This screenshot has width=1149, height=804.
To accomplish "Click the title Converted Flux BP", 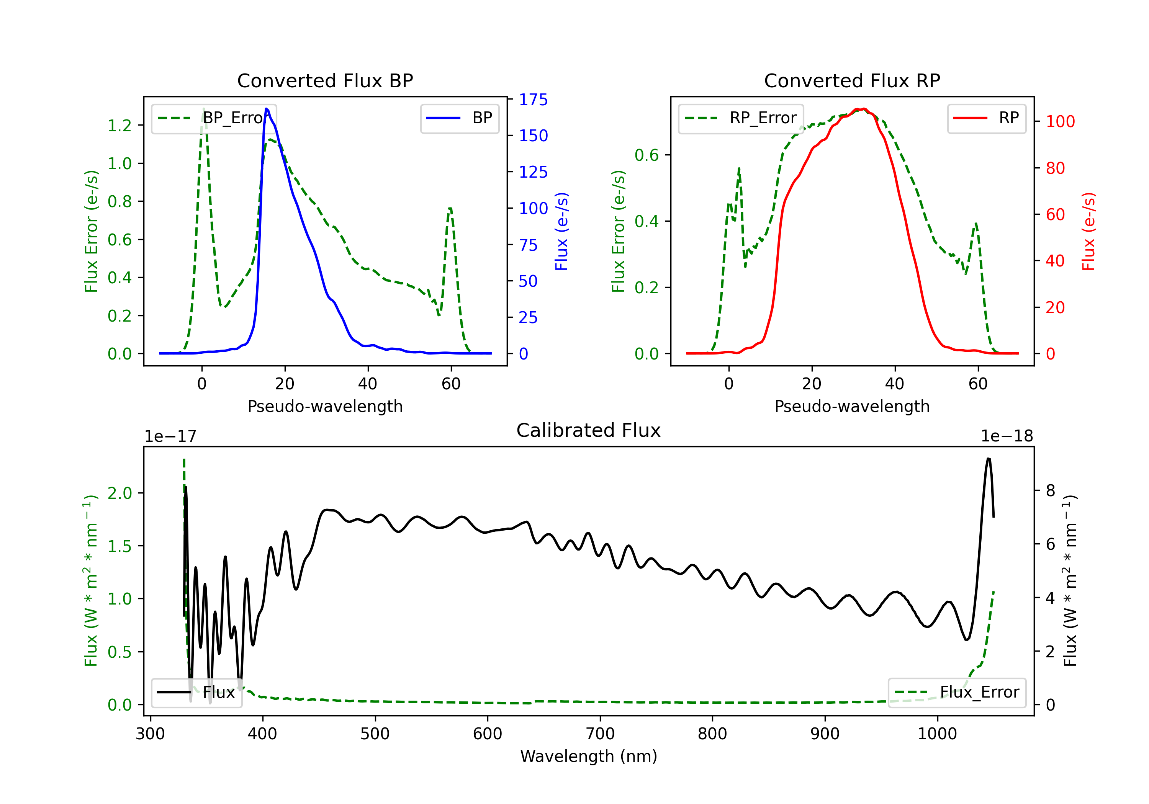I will coord(325,80).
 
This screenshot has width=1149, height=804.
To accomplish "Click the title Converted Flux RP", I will coord(852,80).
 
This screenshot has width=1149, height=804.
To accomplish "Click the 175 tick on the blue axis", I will coord(533,100).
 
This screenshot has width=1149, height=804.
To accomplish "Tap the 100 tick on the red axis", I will coord(1060,122).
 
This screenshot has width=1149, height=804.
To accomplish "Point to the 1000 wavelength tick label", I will coord(937,734).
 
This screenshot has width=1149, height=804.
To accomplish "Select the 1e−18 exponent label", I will coord(1007,436).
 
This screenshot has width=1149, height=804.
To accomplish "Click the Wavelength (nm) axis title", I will coord(589,757).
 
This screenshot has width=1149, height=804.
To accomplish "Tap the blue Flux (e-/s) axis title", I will coord(562,231).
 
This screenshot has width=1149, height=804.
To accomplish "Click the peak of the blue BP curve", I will coord(266,109).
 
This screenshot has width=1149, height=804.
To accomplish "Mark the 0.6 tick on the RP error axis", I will coord(647,155).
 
